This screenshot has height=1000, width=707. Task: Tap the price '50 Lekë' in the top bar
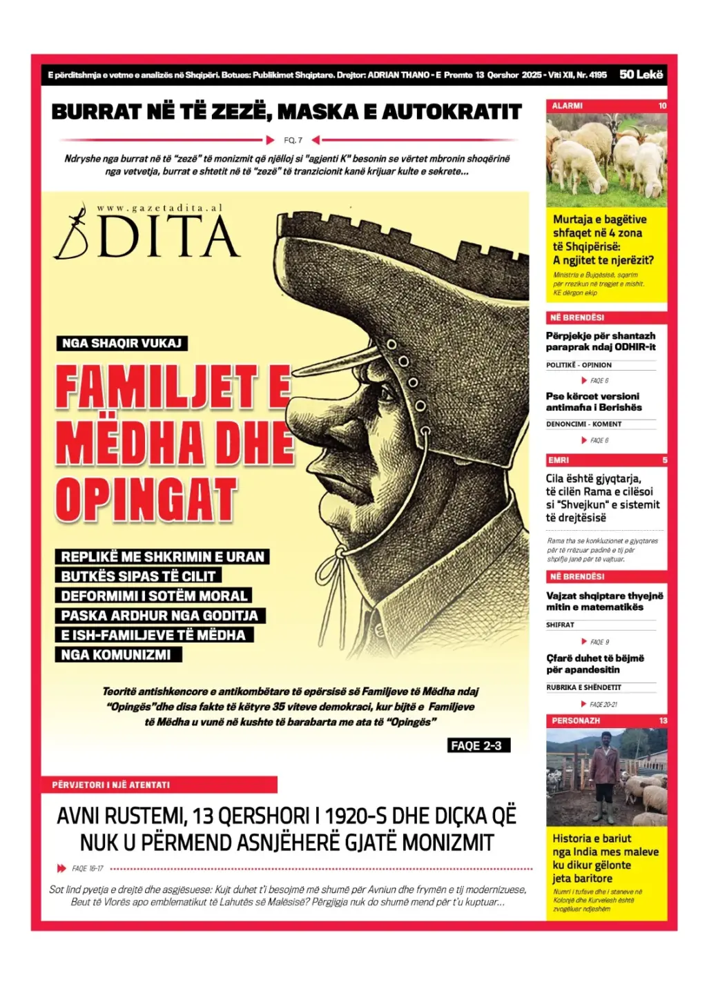(x=641, y=75)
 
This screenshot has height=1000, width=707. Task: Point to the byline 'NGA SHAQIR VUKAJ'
(x=122, y=343)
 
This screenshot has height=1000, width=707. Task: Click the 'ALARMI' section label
(x=568, y=106)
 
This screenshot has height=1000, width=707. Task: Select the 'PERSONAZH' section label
(x=576, y=720)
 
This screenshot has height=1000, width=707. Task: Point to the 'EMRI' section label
(x=559, y=460)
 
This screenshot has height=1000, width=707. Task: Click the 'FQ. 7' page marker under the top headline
(x=293, y=140)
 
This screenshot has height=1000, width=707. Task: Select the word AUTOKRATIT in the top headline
(x=452, y=112)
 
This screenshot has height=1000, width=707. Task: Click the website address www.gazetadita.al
(x=159, y=208)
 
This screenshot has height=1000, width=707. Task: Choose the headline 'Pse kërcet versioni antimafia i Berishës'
(x=593, y=402)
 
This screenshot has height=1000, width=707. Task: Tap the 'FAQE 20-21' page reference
(x=603, y=705)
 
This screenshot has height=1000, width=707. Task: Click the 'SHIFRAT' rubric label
(x=560, y=625)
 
